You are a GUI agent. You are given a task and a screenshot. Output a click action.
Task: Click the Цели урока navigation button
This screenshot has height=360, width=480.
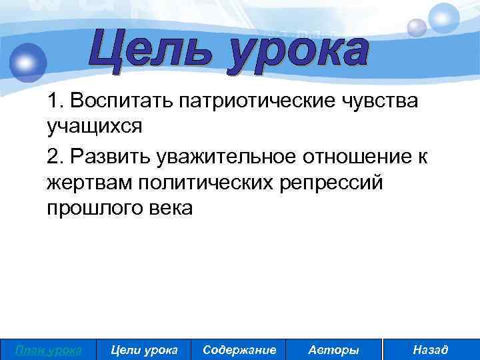(x=144, y=349)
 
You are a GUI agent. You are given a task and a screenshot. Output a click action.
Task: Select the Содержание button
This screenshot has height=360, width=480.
(x=239, y=349)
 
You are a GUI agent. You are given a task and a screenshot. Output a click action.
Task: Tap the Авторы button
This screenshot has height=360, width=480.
(x=334, y=349)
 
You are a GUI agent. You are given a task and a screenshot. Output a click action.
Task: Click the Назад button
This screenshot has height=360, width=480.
(x=431, y=349)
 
